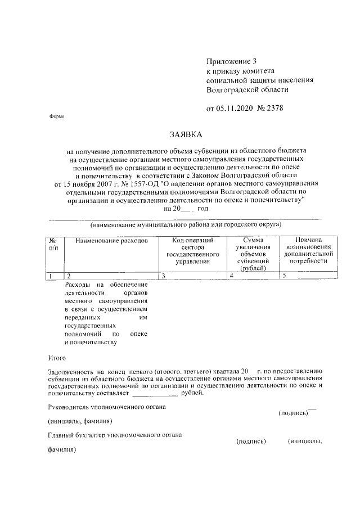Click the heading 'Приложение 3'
231,61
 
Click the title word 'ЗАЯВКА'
185,134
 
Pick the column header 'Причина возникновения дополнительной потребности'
309,251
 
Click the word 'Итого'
56,358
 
